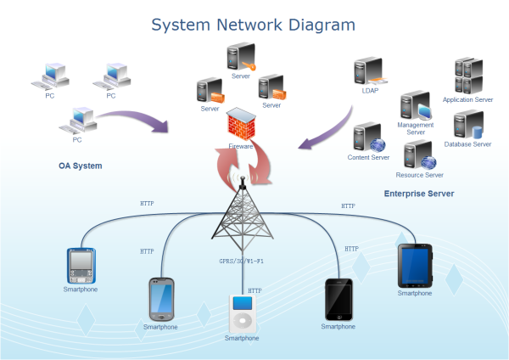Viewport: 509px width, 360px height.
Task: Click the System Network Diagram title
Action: pyautogui.click(x=253, y=24)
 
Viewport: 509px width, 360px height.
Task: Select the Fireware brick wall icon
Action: pyautogui.click(x=242, y=126)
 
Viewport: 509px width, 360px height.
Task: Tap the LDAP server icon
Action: pyautogui.click(x=369, y=72)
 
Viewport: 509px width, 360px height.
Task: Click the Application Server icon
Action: pyautogui.click(x=468, y=77)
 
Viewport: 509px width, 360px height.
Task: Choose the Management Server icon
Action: pyautogui.click(x=416, y=107)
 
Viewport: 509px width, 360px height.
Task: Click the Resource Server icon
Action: pyautogui.click(x=419, y=155)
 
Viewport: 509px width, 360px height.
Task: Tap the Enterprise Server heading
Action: pyautogui.click(x=418, y=194)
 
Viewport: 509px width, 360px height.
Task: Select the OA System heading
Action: pyautogui.click(x=80, y=166)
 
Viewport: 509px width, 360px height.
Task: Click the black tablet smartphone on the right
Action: pyautogui.click(x=415, y=265)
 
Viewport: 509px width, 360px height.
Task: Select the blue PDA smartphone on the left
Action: pyautogui.click(x=81, y=266)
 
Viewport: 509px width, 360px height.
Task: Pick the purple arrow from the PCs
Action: pyautogui.click(x=136, y=119)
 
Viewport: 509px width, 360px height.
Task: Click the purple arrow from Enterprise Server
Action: pyautogui.click(x=327, y=127)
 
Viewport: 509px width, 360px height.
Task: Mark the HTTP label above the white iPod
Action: pyautogui.click(x=255, y=291)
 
